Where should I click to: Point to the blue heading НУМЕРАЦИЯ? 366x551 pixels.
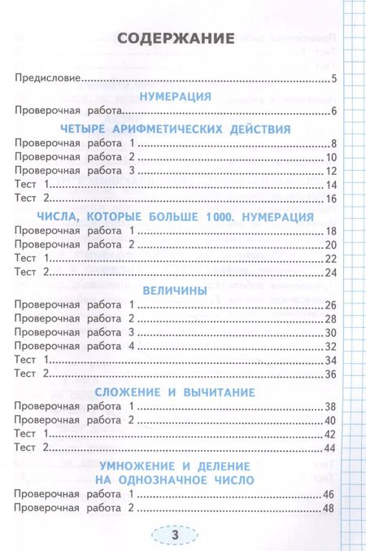[176, 95]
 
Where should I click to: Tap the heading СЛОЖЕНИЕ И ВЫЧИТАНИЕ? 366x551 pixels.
[176, 391]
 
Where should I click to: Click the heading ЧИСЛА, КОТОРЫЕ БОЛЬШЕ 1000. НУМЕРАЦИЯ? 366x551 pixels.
[176, 216]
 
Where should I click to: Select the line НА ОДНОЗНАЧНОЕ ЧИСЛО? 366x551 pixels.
[176, 479]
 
